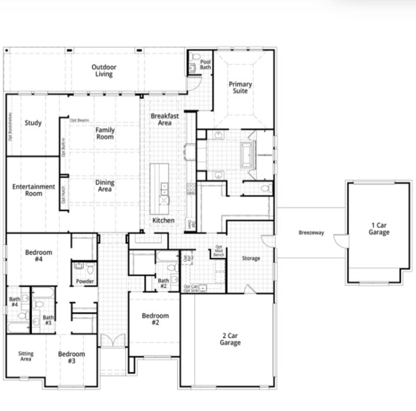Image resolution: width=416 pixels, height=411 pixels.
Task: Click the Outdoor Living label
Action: (x=104, y=71)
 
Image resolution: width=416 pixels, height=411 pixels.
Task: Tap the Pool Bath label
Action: (x=205, y=64)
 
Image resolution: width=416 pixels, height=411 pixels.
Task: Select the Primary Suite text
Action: (x=240, y=87)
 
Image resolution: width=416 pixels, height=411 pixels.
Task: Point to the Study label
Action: (x=33, y=123)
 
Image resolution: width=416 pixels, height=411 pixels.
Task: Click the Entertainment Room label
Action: (x=34, y=190)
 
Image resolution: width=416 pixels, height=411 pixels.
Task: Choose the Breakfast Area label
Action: (x=164, y=119)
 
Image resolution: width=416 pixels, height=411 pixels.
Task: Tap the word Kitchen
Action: (x=163, y=220)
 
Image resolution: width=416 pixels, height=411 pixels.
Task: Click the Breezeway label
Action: (x=311, y=232)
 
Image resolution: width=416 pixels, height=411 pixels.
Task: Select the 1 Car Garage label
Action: (x=379, y=229)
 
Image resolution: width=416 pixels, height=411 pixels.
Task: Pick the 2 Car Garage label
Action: (x=230, y=339)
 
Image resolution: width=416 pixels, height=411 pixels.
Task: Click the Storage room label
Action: (x=251, y=258)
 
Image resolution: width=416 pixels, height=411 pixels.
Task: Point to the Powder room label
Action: (x=85, y=281)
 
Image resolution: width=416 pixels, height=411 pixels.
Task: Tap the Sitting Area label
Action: (x=26, y=356)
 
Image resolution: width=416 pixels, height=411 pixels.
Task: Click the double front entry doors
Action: (x=113, y=340)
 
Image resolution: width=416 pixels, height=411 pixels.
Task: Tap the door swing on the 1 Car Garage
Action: (x=340, y=240)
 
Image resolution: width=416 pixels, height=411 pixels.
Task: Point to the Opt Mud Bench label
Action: (x=219, y=251)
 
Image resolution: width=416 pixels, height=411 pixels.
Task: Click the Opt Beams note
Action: (x=79, y=120)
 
